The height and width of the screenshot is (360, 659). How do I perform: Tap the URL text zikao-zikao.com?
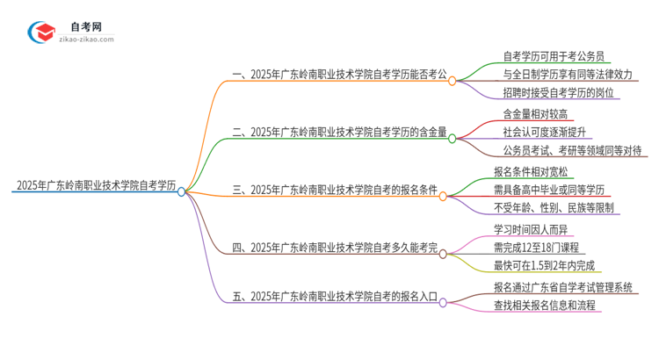tap(86, 40)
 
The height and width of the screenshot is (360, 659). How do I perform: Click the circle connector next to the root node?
tap(182, 191)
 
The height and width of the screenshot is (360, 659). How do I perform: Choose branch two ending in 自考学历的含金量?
tap(338, 133)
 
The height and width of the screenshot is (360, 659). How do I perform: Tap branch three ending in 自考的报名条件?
tap(338, 189)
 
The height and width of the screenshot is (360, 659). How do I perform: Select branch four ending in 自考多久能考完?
tap(338, 248)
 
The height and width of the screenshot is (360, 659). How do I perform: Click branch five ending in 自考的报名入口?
tap(338, 298)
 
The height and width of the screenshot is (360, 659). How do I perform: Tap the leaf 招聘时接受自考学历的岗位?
tap(558, 92)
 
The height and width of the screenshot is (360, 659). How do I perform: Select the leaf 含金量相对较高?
tap(537, 113)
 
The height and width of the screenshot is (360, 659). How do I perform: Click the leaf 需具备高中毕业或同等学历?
tap(550, 191)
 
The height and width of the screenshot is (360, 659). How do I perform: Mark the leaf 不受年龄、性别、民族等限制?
tap(554, 208)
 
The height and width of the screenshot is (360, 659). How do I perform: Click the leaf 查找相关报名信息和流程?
tap(545, 305)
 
